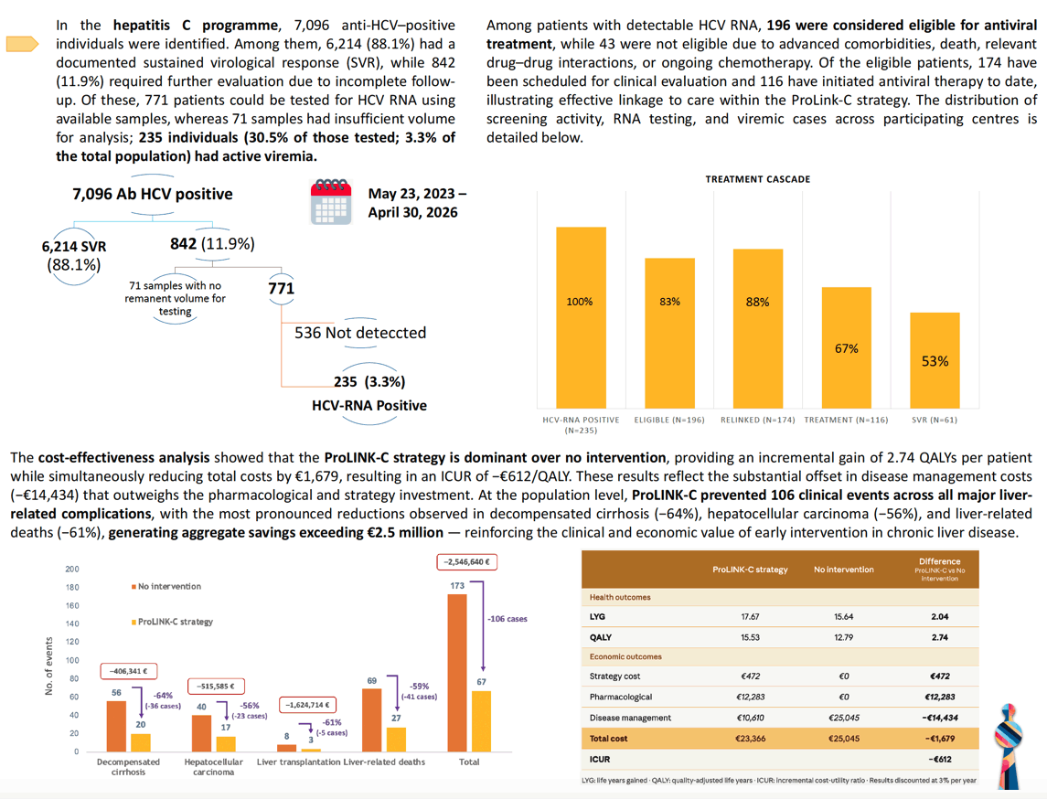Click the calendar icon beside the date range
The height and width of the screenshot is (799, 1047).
pyautogui.click(x=331, y=202)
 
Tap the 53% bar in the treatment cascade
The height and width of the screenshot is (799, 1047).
pyautogui.click(x=935, y=360)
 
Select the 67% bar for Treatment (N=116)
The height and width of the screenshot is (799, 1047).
pyautogui.click(x=847, y=347)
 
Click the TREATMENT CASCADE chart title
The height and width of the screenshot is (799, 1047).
pyautogui.click(x=758, y=179)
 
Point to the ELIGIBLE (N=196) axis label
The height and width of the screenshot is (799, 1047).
pyautogui.click(x=669, y=420)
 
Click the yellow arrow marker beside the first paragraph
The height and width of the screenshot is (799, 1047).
pyautogui.click(x=22, y=44)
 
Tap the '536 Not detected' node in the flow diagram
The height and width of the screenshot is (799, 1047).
pyautogui.click(x=360, y=333)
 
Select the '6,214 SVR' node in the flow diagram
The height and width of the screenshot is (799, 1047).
pyautogui.click(x=73, y=246)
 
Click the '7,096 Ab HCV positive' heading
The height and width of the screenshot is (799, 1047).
pyautogui.click(x=152, y=194)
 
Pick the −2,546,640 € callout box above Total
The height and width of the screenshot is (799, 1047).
pyautogui.click(x=466, y=562)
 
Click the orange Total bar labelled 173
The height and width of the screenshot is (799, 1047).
pyautogui.click(x=457, y=673)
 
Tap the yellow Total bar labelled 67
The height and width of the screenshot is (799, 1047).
pyautogui.click(x=481, y=721)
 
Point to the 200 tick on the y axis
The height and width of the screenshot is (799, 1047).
pyautogui.click(x=72, y=569)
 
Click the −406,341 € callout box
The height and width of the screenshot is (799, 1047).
pyautogui.click(x=129, y=671)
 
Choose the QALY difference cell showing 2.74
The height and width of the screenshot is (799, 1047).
pyautogui.click(x=939, y=637)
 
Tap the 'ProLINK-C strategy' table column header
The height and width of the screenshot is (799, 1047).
pyautogui.click(x=750, y=570)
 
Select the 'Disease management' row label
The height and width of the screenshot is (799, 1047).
pyautogui.click(x=630, y=718)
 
